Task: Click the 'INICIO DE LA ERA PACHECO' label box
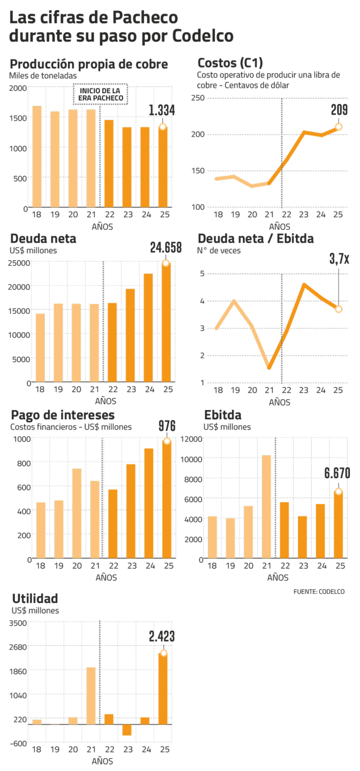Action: point(101,94)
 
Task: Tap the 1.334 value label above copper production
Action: point(162,111)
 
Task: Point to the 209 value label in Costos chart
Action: point(339,110)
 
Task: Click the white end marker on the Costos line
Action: point(339,127)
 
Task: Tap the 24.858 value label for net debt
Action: point(166,247)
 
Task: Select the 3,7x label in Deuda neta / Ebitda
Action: point(339,259)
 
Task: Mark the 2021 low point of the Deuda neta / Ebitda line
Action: point(269,368)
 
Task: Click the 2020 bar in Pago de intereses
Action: point(76,513)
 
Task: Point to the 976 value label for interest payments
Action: point(167,426)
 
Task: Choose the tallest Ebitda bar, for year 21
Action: point(266,507)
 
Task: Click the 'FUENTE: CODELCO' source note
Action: point(319,592)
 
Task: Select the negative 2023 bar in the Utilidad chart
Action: point(127,730)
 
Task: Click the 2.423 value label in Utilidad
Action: point(162,636)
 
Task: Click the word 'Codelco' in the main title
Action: point(202,36)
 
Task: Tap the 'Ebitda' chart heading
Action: point(222,415)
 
